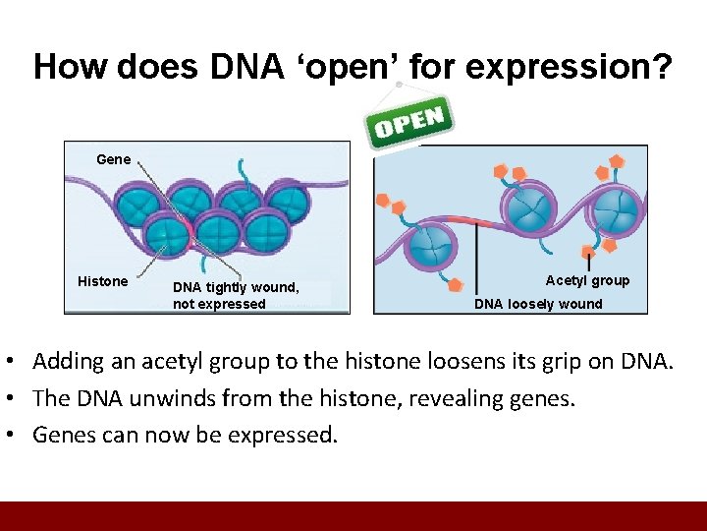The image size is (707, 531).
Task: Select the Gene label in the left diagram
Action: coord(113,158)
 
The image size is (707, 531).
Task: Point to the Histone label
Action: coord(102,281)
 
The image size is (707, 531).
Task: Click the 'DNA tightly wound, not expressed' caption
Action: coord(235,295)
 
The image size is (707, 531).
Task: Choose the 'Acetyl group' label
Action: coord(587,280)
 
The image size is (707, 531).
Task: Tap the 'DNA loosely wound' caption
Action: coord(538,304)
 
